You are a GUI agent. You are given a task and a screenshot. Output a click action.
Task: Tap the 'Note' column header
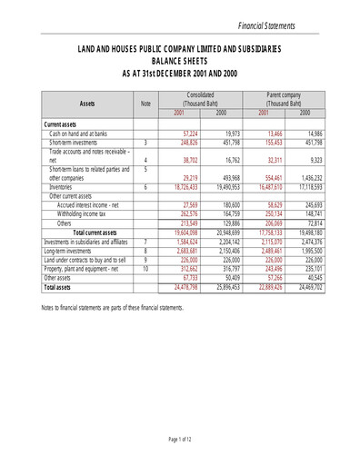tap(144, 104)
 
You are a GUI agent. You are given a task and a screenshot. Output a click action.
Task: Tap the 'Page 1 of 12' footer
tap(179, 440)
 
